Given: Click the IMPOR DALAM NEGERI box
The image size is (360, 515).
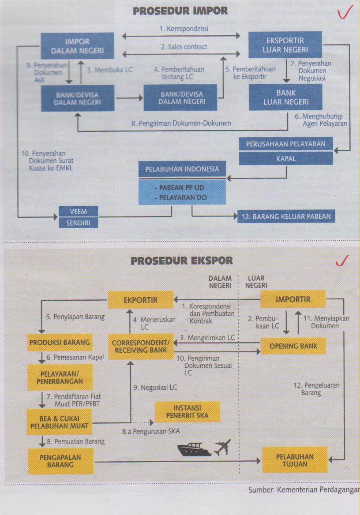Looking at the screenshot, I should pyautogui.click(x=77, y=46).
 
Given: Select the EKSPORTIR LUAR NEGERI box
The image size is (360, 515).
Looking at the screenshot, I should pyautogui.click(x=284, y=45).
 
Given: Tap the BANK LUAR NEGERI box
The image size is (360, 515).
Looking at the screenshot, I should pyautogui.click(x=286, y=97).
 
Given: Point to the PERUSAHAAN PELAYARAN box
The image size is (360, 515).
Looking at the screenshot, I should pyautogui.click(x=286, y=144).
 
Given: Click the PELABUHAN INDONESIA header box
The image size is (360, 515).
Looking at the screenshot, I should pyautogui.click(x=182, y=169).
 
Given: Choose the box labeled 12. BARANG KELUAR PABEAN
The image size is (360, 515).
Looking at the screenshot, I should pyautogui.click(x=286, y=216).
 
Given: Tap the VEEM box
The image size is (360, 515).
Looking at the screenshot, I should pyautogui.click(x=78, y=212).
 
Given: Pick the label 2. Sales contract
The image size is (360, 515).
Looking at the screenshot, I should pyautogui.click(x=184, y=47).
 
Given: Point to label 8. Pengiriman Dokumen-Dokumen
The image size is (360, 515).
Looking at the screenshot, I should pyautogui.click(x=181, y=123).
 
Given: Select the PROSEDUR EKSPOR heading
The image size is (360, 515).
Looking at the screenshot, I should pyautogui.click(x=182, y=261).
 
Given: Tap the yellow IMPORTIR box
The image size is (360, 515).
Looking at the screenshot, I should pyautogui.click(x=293, y=299).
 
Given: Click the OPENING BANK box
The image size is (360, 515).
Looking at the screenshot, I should pyautogui.click(x=293, y=346).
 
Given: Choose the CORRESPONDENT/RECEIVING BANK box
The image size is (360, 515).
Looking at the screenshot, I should pyautogui.click(x=141, y=346).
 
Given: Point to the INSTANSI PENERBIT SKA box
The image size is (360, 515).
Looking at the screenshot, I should pyautogui.click(x=187, y=412).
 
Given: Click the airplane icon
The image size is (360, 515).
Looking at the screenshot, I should pyautogui.click(x=222, y=448).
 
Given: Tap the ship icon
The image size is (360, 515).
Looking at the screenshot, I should pyautogui.click(x=195, y=449).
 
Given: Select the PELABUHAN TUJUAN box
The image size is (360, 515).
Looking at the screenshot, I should pyautogui.click(x=295, y=460).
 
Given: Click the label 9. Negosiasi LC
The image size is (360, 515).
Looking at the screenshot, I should pyautogui.click(x=155, y=388).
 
